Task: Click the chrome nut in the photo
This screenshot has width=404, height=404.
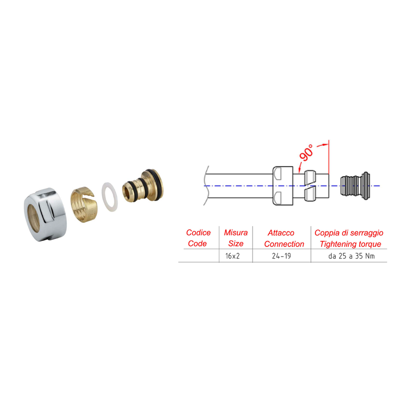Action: [x=45, y=214]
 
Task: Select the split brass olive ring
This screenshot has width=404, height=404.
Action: [x=84, y=204]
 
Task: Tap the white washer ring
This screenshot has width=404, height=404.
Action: [x=110, y=197]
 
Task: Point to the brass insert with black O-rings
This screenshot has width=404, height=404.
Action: [x=143, y=185]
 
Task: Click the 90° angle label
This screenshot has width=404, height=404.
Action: [x=306, y=153]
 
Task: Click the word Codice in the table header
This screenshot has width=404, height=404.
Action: [x=198, y=233]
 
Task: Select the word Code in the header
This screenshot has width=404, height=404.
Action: [x=197, y=243]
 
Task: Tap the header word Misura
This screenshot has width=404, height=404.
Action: [x=236, y=233]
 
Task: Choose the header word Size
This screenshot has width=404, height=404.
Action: [x=236, y=243]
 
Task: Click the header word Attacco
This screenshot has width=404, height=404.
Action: [x=281, y=233]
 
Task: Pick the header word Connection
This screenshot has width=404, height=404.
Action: [x=284, y=244]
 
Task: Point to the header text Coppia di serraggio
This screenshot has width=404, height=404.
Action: [x=349, y=233]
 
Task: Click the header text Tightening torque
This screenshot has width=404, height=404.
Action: [x=350, y=244]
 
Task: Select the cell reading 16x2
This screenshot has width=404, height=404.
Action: [x=232, y=256]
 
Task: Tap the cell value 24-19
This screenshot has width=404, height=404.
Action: [x=281, y=256]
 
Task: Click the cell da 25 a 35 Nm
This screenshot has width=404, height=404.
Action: [x=351, y=256]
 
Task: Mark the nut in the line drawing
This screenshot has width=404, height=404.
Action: [x=283, y=186]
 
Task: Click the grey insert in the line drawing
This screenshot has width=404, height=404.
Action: [x=355, y=186]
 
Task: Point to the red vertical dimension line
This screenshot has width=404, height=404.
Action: [x=329, y=157]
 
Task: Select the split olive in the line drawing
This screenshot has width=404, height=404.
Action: [x=310, y=186]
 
